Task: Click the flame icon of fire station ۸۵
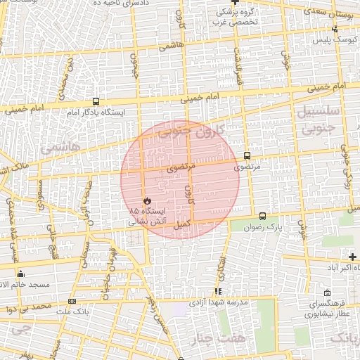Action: click(146, 200)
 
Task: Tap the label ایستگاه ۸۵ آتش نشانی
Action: click(147, 216)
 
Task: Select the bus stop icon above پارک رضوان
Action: click(262, 217)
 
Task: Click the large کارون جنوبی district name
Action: click(191, 131)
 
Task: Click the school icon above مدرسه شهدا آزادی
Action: click(219, 290)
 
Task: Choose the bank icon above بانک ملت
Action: click(72, 301)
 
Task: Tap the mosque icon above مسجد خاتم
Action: click(21, 274)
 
